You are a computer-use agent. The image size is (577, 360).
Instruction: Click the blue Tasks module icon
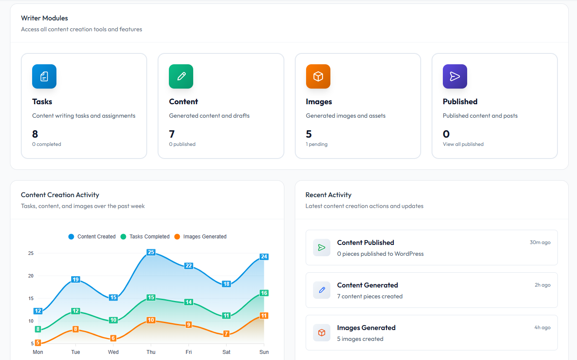tap(44, 76)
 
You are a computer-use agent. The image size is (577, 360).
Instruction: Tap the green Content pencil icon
tap(181, 76)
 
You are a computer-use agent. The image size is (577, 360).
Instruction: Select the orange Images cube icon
tap(318, 76)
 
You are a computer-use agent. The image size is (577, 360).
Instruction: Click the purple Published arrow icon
tap(455, 76)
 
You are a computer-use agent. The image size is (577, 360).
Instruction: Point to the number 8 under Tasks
tap(35, 134)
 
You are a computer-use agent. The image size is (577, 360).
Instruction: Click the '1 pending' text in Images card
tap(317, 144)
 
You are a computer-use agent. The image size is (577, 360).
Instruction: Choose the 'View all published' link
tap(463, 144)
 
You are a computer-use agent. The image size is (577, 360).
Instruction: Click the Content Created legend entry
tap(92, 237)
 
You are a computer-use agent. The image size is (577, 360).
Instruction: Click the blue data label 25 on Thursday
tap(151, 252)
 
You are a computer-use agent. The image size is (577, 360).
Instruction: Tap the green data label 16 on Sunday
tap(264, 293)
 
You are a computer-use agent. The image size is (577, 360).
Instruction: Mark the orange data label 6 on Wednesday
tap(113, 338)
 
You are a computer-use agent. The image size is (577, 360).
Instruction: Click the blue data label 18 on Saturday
tap(226, 284)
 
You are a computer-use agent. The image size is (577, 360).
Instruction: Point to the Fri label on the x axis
tap(188, 352)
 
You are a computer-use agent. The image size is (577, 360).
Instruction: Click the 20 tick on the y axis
tap(30, 276)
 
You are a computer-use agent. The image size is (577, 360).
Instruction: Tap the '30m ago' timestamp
tap(540, 242)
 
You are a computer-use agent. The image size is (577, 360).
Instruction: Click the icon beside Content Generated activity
tap(322, 290)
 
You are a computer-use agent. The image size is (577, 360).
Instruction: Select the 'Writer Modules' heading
tap(44, 18)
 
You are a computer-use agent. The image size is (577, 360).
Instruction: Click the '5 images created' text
tap(360, 339)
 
